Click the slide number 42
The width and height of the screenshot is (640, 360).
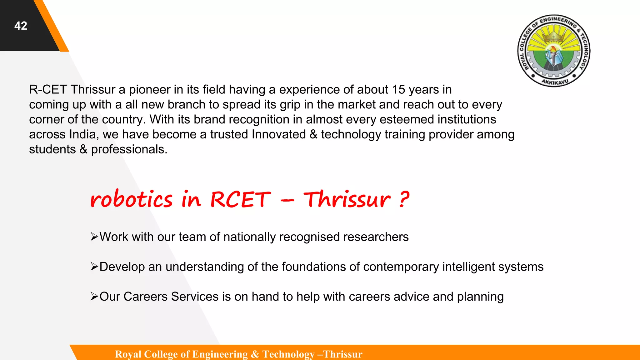point(21,26)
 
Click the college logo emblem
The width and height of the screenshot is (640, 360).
point(554,51)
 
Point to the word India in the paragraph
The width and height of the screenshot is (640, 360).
point(82,134)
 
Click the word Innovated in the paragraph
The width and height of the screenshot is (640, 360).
point(279,134)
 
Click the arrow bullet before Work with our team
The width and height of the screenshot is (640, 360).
point(94,237)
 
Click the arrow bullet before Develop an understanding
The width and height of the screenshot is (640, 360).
point(94,267)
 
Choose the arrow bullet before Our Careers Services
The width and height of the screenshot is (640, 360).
point(94,297)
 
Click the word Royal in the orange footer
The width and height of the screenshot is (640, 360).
point(128,354)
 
